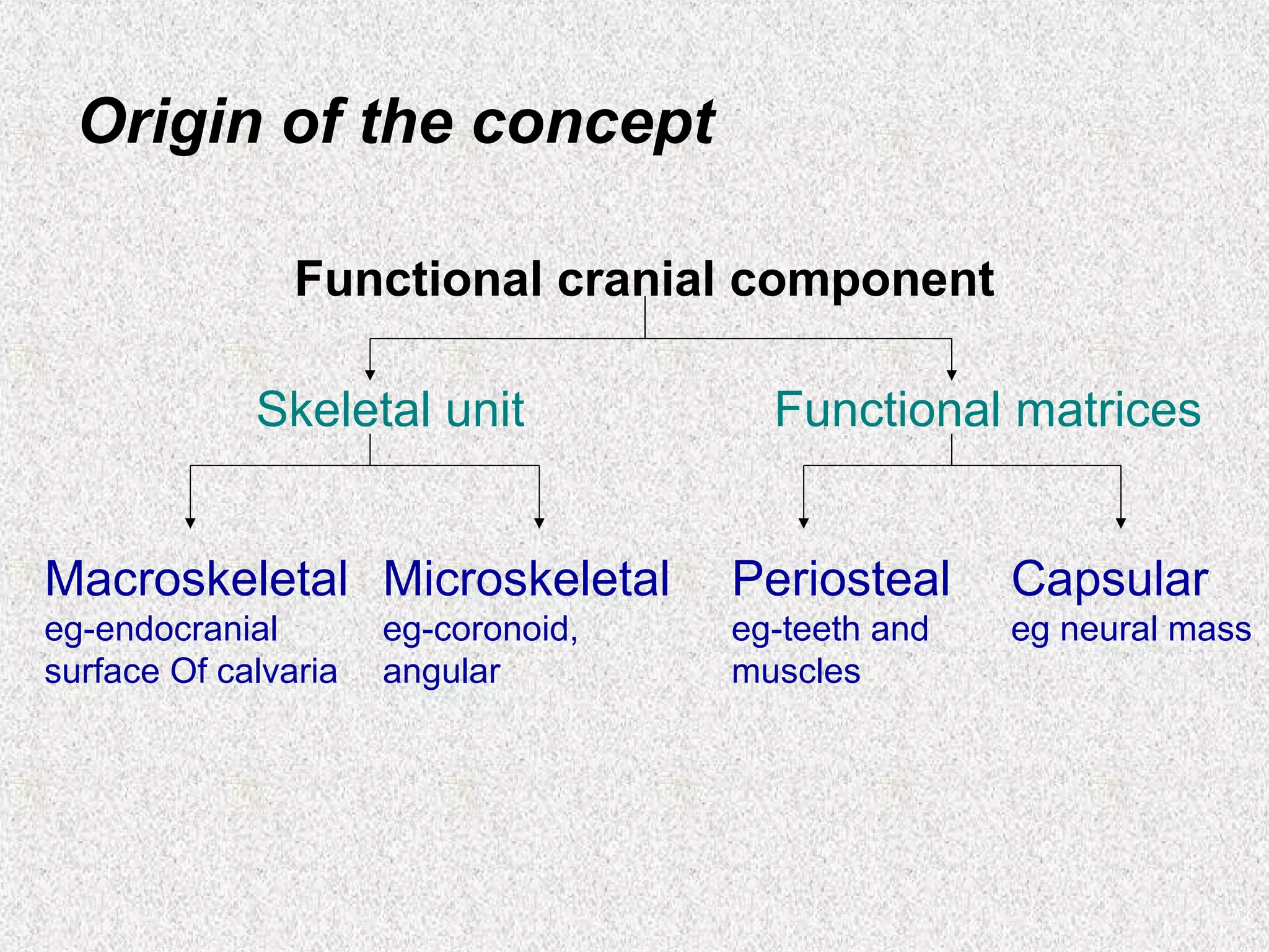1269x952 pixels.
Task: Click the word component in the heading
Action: point(862,281)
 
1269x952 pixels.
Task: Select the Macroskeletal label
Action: point(196,579)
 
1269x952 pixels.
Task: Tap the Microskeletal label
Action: point(526,579)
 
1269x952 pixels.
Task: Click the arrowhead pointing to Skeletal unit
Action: point(370,374)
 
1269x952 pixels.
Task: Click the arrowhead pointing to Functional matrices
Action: point(952,374)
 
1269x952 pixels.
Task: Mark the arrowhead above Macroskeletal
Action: point(190,522)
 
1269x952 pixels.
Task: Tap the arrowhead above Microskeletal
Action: point(539,522)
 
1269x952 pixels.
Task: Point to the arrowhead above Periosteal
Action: point(804,522)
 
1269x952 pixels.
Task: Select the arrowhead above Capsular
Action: point(1120,522)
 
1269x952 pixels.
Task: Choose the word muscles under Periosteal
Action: point(796,671)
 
